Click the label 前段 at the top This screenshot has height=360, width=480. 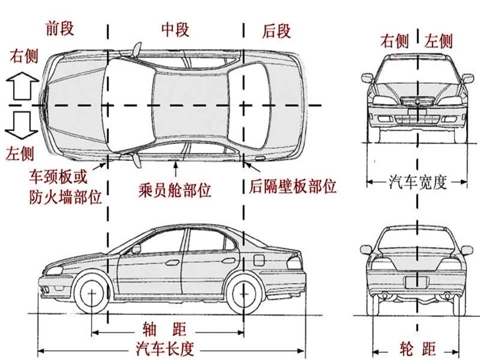click(x=60, y=28)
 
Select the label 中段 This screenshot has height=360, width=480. click(x=175, y=29)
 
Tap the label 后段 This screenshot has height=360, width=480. click(x=276, y=31)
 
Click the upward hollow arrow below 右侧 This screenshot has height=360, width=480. click(x=22, y=86)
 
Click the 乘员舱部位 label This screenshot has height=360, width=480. click(x=175, y=190)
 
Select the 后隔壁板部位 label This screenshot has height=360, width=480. click(x=292, y=186)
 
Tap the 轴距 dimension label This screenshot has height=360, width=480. click(x=164, y=329)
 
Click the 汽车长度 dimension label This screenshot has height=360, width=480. click(x=165, y=348)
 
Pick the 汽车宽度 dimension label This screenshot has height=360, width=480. click(x=417, y=182)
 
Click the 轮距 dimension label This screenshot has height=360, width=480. click(x=417, y=348)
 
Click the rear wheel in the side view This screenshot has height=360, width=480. click(x=243, y=294)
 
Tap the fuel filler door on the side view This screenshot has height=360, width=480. click(x=259, y=260)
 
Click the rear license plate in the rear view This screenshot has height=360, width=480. click(x=416, y=282)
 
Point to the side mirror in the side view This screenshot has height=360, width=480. click(x=135, y=248)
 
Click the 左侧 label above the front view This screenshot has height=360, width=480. click(x=438, y=41)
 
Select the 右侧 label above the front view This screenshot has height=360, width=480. click(x=394, y=40)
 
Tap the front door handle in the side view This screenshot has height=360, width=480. click(x=172, y=262)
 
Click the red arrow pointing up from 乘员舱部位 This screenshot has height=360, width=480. click(x=175, y=169)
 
